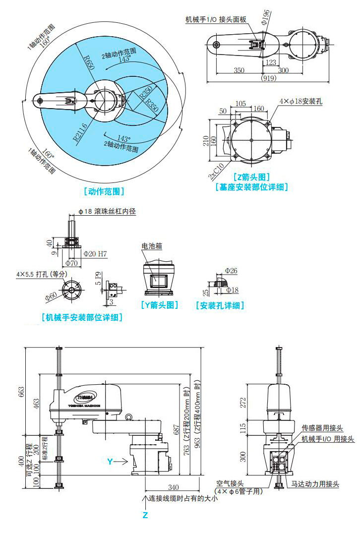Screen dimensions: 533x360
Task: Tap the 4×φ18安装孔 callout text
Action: [x=300, y=101]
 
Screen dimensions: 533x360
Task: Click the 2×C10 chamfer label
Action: [x=216, y=171]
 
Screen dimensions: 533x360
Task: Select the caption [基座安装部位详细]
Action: [x=251, y=187]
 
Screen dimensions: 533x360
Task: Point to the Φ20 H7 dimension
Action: [x=95, y=254]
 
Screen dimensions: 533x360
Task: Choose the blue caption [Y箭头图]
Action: [x=159, y=305]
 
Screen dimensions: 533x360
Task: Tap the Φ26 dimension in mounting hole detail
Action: [x=231, y=271]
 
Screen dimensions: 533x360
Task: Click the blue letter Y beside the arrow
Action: [x=110, y=462]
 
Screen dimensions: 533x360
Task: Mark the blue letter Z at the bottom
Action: [x=145, y=515]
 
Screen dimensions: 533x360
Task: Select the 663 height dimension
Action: [x=21, y=392]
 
